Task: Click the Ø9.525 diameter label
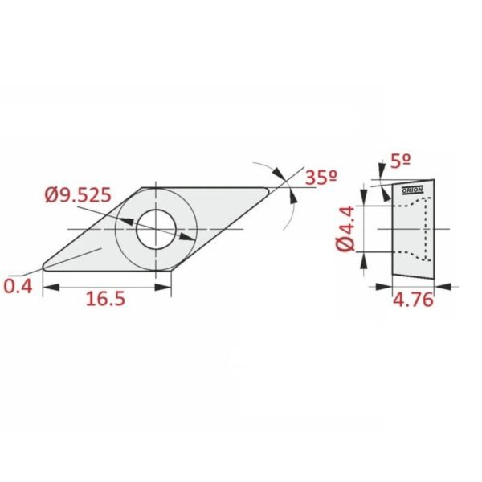point(78,195)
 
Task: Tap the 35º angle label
point(321,178)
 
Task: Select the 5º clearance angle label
point(401,161)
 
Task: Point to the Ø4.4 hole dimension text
point(346,229)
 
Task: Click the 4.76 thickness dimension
point(413,300)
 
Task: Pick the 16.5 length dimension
point(105,299)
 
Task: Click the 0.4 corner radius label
point(18,287)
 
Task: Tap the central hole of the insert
point(156,229)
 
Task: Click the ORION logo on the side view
point(413,190)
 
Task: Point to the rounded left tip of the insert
point(45,267)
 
